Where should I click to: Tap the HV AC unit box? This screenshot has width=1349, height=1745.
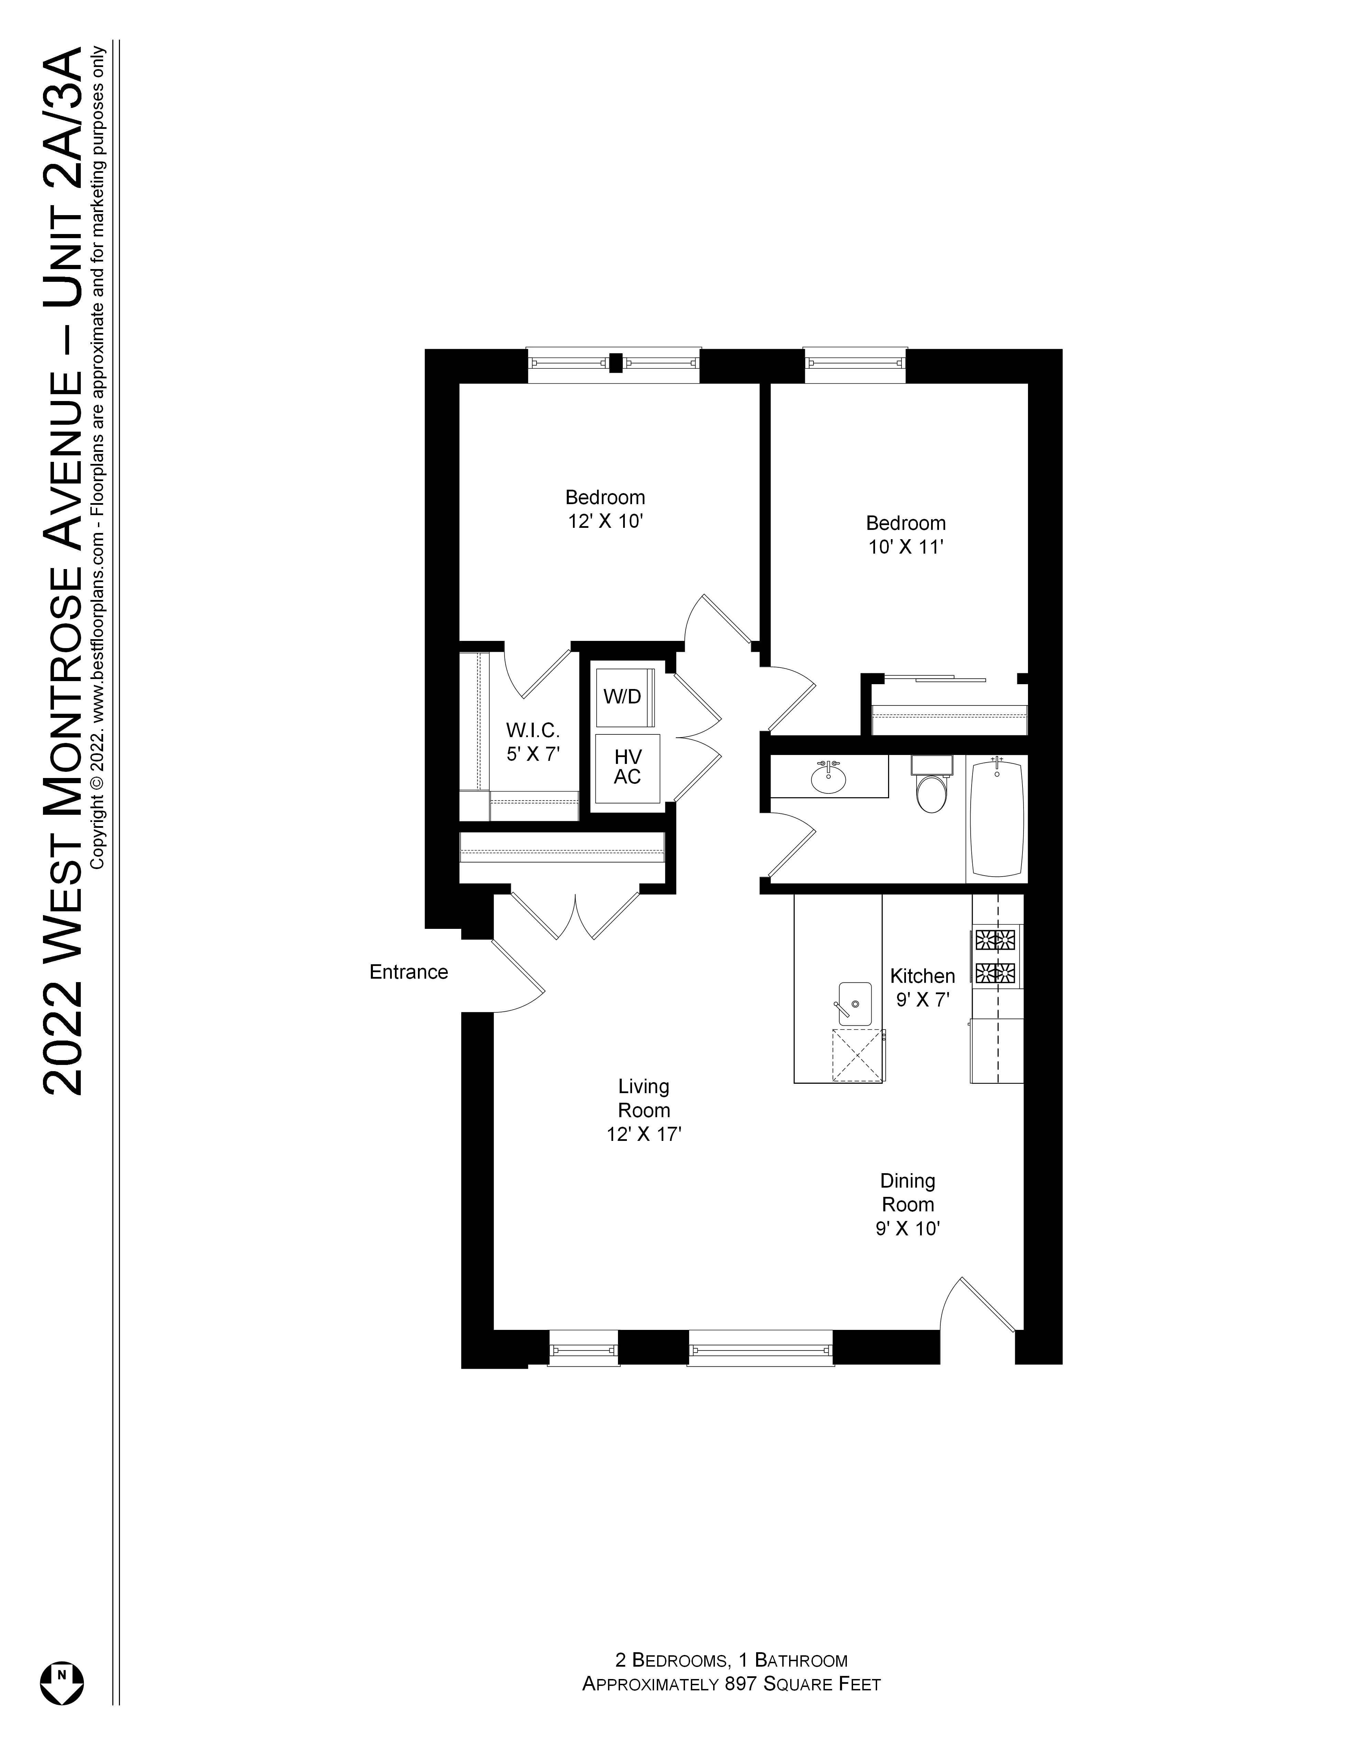pos(627,767)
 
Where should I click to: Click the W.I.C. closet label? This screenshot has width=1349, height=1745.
pos(532,742)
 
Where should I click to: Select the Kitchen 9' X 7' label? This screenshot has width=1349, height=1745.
pos(922,988)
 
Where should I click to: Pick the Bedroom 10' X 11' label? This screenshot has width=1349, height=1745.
pos(905,534)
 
